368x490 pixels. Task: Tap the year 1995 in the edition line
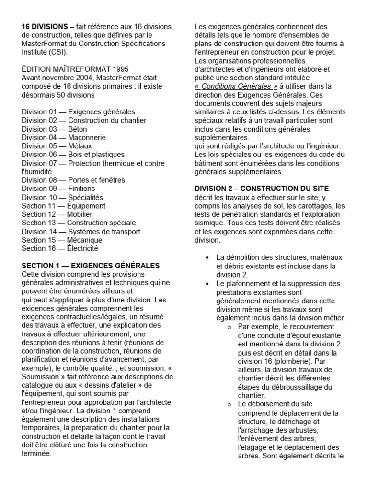tap(118, 69)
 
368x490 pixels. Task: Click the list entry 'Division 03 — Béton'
tap(52, 129)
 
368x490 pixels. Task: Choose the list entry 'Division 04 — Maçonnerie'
tap(63, 138)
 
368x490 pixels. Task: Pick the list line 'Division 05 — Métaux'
tap(57, 146)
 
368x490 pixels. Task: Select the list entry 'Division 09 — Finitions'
tap(58, 189)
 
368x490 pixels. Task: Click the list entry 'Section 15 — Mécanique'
tap(62, 240)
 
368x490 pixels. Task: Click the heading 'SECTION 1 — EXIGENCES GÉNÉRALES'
tap(91, 266)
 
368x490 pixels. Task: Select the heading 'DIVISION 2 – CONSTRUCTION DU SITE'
tap(262, 189)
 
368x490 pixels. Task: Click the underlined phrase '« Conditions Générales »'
tap(236, 86)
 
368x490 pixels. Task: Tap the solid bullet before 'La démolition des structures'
tap(207, 258)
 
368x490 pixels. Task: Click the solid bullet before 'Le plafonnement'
tap(207, 284)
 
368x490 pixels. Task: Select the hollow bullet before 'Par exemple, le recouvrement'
tap(229, 327)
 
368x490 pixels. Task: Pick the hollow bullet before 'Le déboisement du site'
tap(229, 404)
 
